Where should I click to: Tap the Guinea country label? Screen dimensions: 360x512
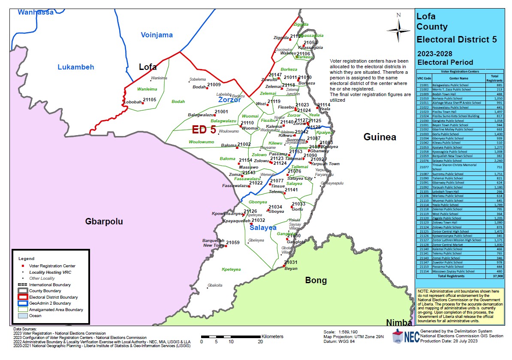pyautogui.click(x=380, y=137)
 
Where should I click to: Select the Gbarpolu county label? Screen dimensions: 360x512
pyautogui.click(x=104, y=221)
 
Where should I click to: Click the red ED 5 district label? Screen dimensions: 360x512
pyautogui.click(x=204, y=130)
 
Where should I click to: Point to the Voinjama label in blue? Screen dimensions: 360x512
pyautogui.click(x=157, y=35)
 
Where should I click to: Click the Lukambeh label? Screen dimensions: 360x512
pyautogui.click(x=76, y=67)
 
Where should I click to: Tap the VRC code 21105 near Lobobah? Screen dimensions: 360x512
pyautogui.click(x=150, y=100)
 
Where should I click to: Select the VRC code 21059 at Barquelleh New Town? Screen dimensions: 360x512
pyautogui.click(x=232, y=243)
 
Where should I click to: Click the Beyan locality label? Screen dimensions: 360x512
pyautogui.click(x=291, y=269)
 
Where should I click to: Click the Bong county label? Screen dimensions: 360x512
pyautogui.click(x=316, y=281)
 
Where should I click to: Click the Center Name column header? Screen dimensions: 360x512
pyautogui.click(x=459, y=79)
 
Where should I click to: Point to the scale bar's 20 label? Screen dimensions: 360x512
pyautogui.click(x=260, y=342)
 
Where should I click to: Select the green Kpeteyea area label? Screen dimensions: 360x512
pyautogui.click(x=231, y=269)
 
